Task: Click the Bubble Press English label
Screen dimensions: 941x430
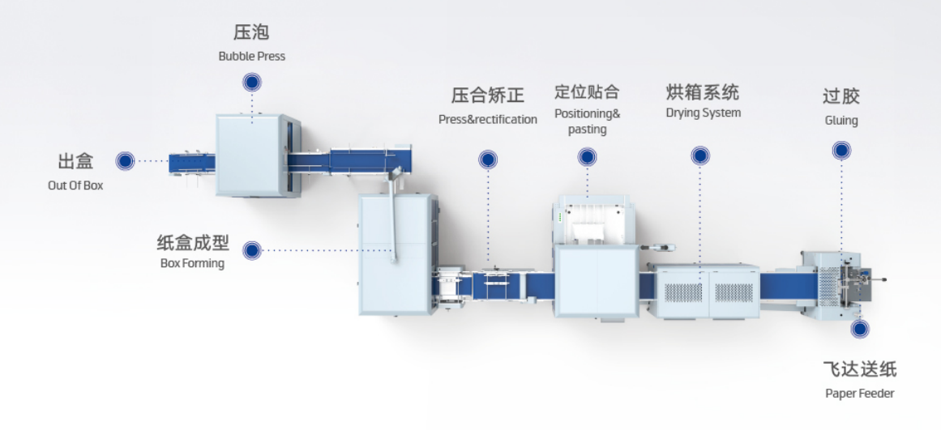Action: (251, 57)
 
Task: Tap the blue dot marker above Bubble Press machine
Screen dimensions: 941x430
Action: (252, 82)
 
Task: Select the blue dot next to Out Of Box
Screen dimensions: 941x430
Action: (126, 160)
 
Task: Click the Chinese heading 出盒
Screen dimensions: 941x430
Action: (75, 161)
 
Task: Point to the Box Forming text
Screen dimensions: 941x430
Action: (192, 263)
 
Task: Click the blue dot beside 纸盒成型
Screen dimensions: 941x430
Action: (252, 250)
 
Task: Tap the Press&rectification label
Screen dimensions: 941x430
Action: (488, 119)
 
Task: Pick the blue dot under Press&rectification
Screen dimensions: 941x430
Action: (488, 160)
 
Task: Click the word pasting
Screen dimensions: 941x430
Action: (588, 130)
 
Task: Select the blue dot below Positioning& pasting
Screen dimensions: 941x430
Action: (588, 157)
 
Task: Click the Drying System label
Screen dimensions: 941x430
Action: (704, 113)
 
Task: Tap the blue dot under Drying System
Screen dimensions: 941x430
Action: (700, 156)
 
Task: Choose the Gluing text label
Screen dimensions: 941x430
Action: (841, 121)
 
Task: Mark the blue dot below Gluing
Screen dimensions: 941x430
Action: (841, 150)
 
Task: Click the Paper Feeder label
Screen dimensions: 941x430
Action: (859, 394)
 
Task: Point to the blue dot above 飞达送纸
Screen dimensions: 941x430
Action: (860, 329)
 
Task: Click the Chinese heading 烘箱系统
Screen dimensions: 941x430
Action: (703, 93)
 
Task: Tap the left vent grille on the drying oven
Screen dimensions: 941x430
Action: (683, 292)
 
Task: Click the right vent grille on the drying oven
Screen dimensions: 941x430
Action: (734, 292)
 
